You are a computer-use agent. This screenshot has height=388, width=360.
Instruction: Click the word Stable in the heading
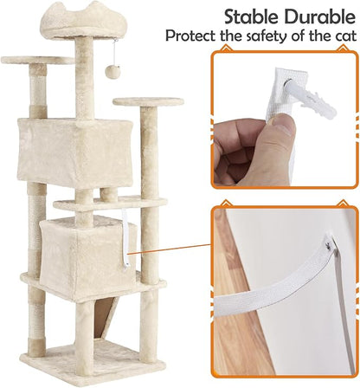[x=251, y=17]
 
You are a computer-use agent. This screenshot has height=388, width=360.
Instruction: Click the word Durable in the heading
[x=319, y=17]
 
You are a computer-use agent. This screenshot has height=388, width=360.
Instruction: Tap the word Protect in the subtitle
[x=190, y=36]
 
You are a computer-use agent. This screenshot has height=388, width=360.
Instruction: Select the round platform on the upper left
[x=38, y=60]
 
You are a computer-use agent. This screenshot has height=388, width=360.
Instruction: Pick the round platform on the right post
[x=148, y=101]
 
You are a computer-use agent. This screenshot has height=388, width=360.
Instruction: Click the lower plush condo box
[x=88, y=254]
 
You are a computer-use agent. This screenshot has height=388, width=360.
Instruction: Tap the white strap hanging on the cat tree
[x=125, y=241]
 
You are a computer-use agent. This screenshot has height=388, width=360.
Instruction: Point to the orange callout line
[x=170, y=249]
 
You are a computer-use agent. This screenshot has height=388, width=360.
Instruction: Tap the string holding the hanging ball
[x=116, y=53]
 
